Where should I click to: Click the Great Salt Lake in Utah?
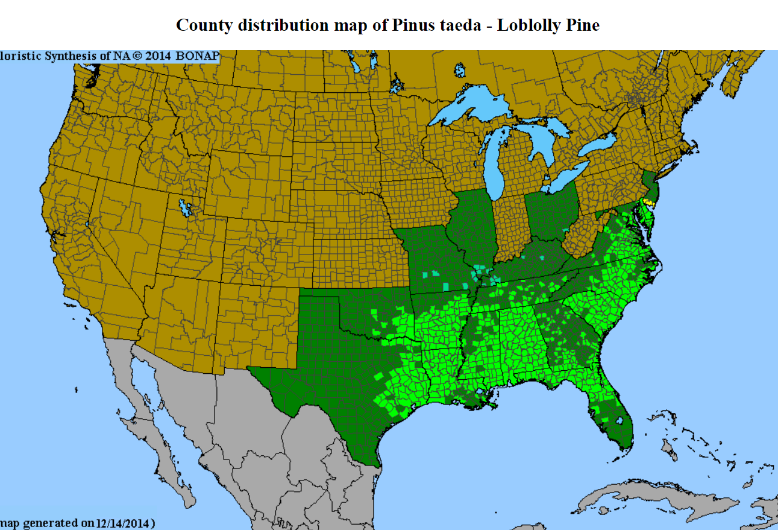click(186, 208)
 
